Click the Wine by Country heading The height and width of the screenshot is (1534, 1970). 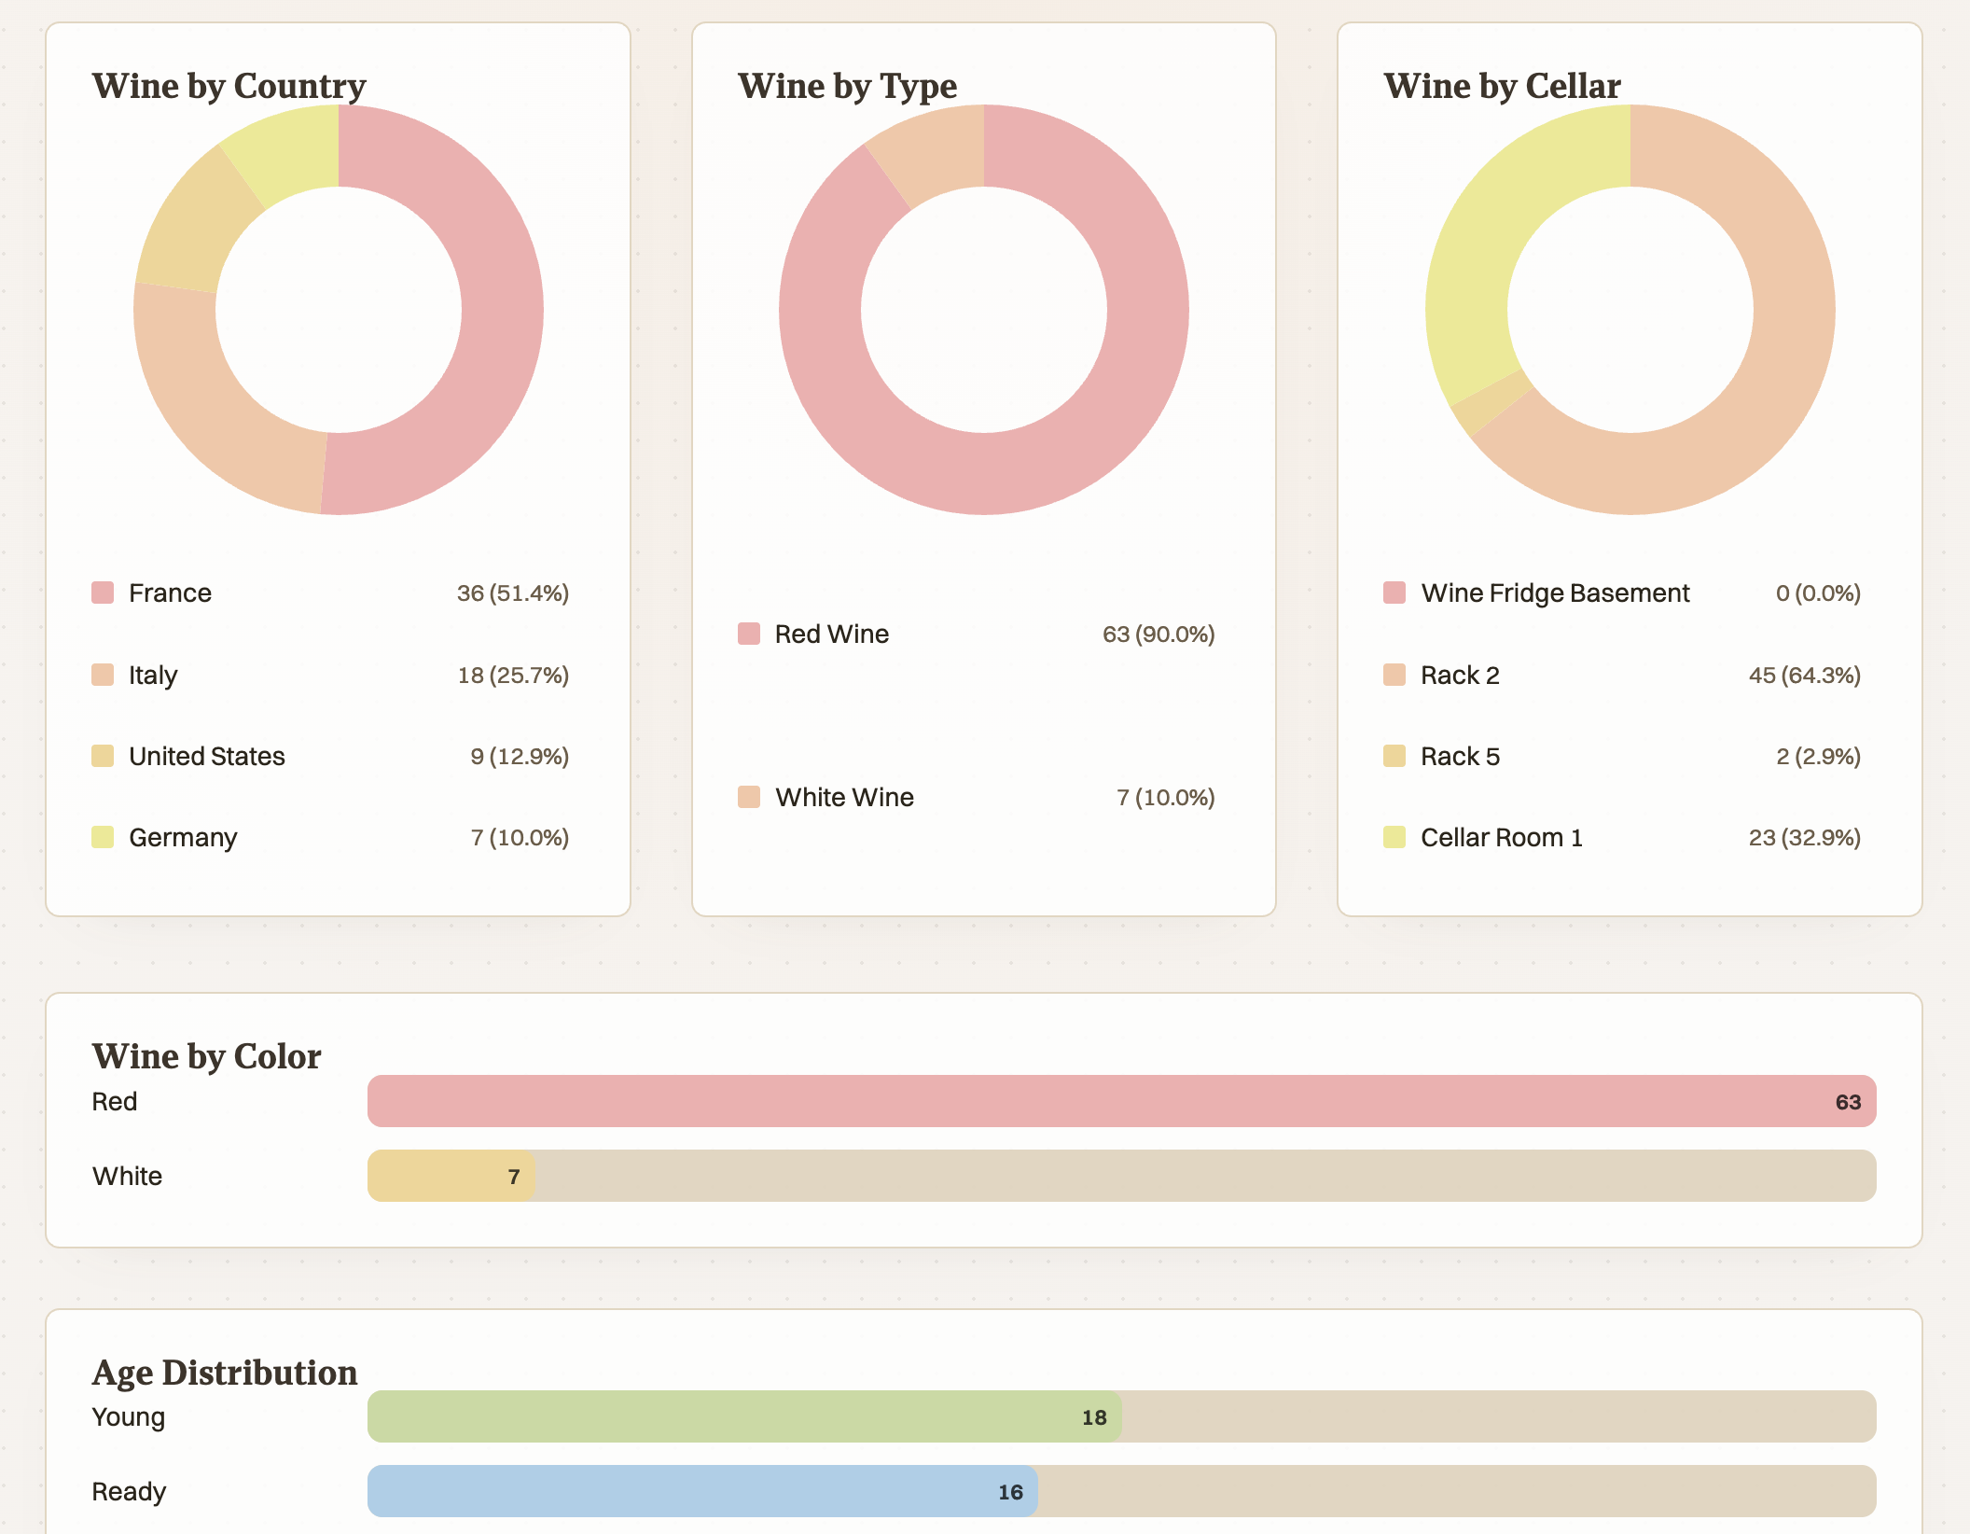pyautogui.click(x=229, y=86)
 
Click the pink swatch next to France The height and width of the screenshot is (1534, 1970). pyautogui.click(x=103, y=593)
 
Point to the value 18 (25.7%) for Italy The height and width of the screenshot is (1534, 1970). pyautogui.click(x=513, y=675)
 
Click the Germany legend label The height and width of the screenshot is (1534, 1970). pyautogui.click(x=183, y=837)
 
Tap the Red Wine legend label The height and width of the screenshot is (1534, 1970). pyautogui.click(x=831, y=634)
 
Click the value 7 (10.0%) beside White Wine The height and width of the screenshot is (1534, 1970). pyautogui.click(x=1165, y=797)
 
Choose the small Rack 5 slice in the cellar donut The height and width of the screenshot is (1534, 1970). pyautogui.click(x=1491, y=402)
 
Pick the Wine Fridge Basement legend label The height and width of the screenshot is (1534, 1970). pyautogui.click(x=1555, y=593)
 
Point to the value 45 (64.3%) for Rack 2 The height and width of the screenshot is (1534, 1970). pyautogui.click(x=1804, y=675)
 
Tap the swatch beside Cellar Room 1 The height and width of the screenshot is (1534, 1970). pyautogui.click(x=1394, y=837)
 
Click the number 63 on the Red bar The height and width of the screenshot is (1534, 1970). pyautogui.click(x=1848, y=1102)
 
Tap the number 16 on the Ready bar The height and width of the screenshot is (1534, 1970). pyautogui.click(x=1010, y=1492)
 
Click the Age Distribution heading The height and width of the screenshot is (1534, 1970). pyautogui.click(x=225, y=1373)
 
